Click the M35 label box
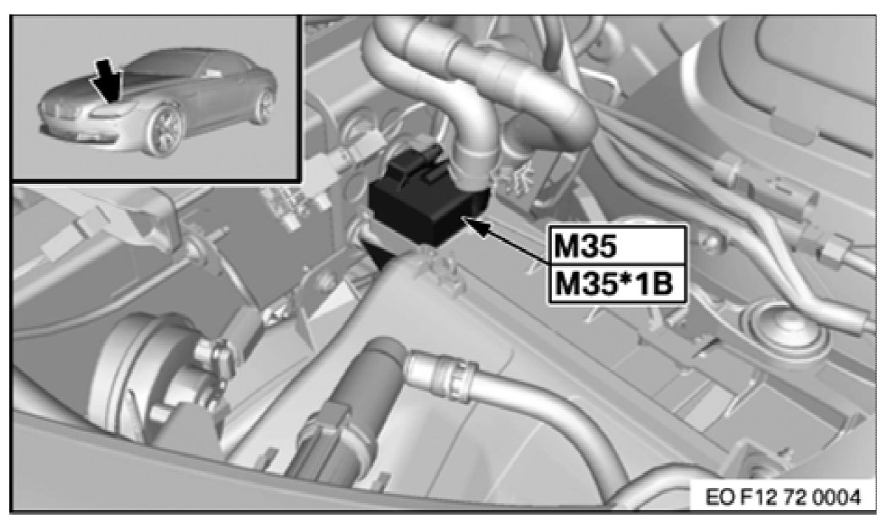[x=617, y=245]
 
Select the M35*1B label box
[x=617, y=284]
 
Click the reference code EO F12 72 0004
[x=784, y=497]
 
